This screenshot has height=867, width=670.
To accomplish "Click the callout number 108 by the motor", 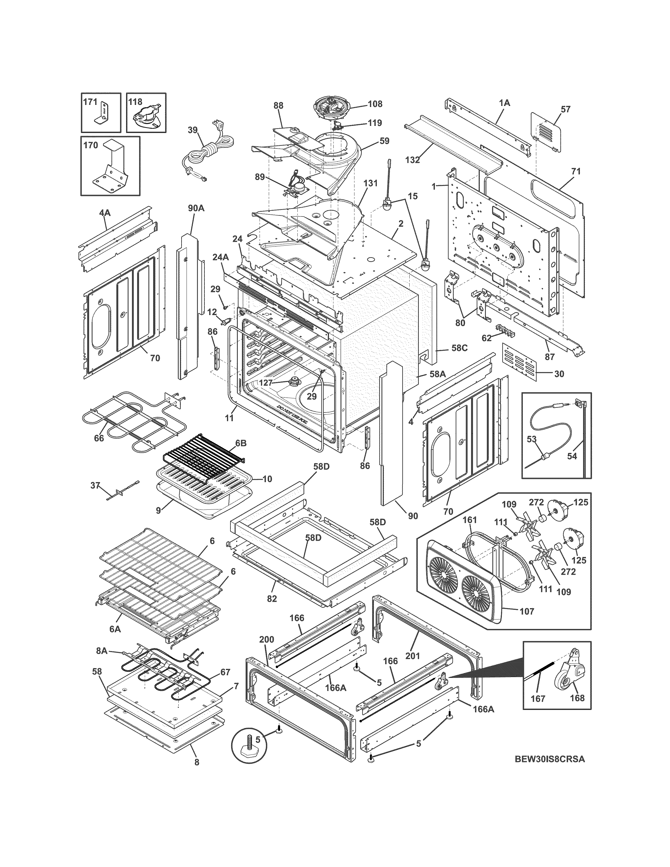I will point(374,104).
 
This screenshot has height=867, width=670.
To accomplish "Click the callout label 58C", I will point(459,348).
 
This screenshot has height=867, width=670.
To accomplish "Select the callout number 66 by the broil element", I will point(99,438).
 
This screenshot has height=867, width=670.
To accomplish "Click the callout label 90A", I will point(196,208).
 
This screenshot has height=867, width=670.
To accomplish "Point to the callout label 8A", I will point(102,651).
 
